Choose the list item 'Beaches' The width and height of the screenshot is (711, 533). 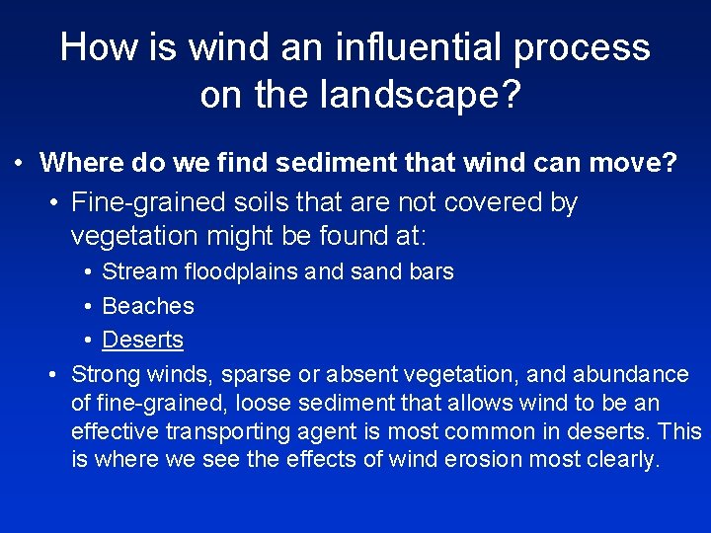(x=148, y=306)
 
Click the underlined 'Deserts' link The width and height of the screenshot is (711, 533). (x=143, y=340)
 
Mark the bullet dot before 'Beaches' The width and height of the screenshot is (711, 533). (x=89, y=306)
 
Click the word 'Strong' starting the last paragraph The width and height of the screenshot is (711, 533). (x=107, y=375)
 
